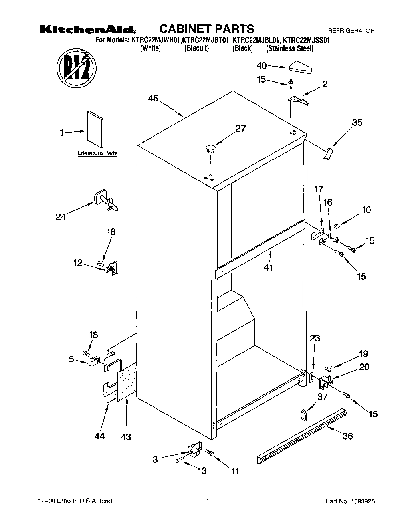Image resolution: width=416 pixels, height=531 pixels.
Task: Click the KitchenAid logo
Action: pyautogui.click(x=87, y=30)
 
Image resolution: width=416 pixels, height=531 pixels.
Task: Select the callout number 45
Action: pyautogui.click(x=153, y=98)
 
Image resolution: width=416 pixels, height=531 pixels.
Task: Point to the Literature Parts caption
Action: pyautogui.click(x=97, y=153)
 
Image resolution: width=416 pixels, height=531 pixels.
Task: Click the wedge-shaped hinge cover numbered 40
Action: pyautogui.click(x=300, y=67)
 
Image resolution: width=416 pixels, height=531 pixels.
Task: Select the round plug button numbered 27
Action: pyautogui.click(x=210, y=149)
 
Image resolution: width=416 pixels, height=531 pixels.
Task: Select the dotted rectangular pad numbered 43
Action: pyautogui.click(x=126, y=382)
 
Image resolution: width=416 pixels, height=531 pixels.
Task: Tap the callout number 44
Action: pyautogui.click(x=99, y=436)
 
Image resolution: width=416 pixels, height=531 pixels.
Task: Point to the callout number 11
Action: pyautogui.click(x=234, y=472)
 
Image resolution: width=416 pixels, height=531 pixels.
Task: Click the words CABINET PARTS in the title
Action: pyautogui.click(x=206, y=29)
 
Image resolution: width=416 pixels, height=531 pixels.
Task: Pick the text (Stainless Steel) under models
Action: pyautogui.click(x=290, y=48)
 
